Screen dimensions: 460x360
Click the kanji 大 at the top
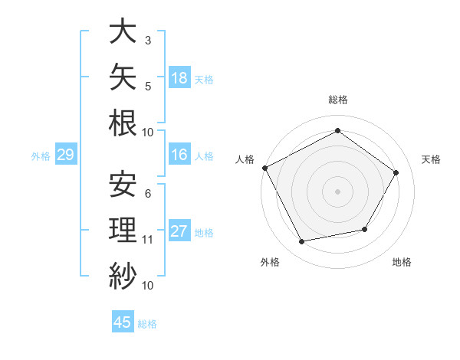tap(123, 31)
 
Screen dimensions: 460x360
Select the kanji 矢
tap(123, 77)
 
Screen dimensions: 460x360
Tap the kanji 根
tap(123, 123)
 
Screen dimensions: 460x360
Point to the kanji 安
tap(123, 184)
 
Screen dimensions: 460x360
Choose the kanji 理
tap(123, 230)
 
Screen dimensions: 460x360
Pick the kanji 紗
tap(123, 276)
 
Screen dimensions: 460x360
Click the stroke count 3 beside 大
tap(148, 41)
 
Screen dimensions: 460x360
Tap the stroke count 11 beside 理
tap(147, 240)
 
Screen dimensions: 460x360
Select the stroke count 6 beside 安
tap(148, 194)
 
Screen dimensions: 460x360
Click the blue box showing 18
tap(179, 77)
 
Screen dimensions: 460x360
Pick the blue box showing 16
tap(179, 154)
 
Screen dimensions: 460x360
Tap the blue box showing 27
tap(179, 230)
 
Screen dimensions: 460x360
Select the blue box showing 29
tap(66, 154)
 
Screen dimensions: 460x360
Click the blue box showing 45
tap(123, 321)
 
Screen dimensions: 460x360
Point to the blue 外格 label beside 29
tap(41, 156)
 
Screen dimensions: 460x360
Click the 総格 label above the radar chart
tap(338, 100)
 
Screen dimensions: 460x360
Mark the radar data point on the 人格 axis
tap(265, 168)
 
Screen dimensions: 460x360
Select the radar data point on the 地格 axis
tap(365, 229)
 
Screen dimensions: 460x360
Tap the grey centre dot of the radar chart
tap(337, 191)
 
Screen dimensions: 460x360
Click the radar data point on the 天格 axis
tap(396, 172)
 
